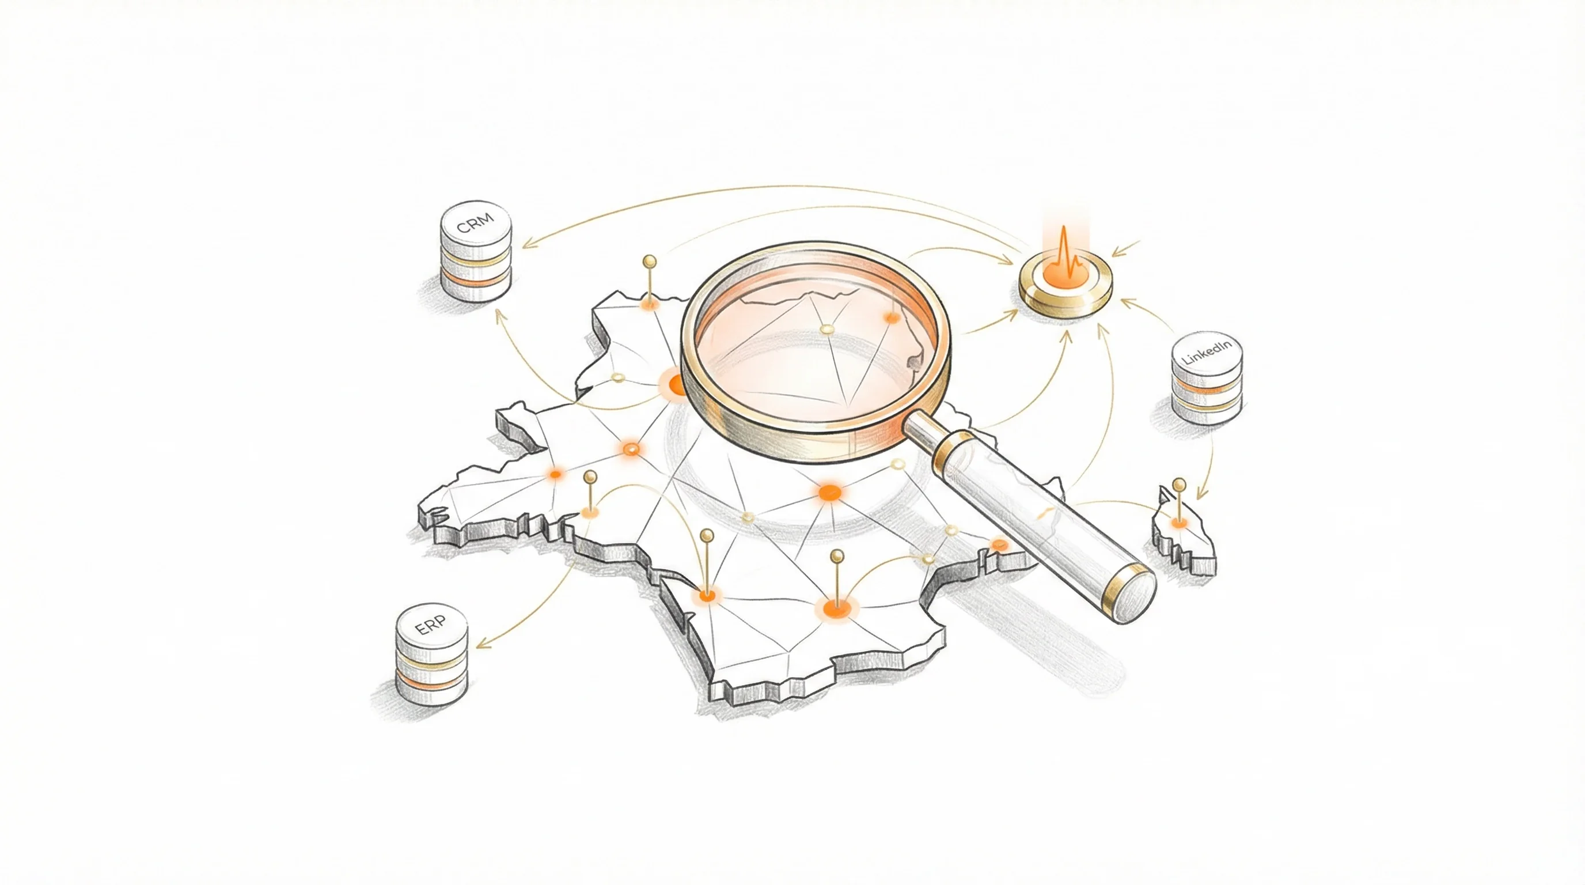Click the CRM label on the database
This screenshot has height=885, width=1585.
click(476, 224)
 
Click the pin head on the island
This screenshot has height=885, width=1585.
click(1179, 485)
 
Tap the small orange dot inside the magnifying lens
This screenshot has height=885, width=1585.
click(891, 317)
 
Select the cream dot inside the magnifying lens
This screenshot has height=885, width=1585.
click(827, 330)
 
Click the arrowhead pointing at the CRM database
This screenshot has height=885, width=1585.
click(528, 244)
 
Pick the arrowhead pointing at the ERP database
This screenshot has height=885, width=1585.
click(484, 644)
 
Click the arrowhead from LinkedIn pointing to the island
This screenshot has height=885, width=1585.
click(1200, 494)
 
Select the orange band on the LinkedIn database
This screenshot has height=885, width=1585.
click(1207, 388)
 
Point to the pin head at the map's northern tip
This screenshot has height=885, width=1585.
click(649, 262)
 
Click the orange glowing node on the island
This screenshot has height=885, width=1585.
click(1179, 523)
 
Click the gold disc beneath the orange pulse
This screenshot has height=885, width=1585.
click(1065, 288)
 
